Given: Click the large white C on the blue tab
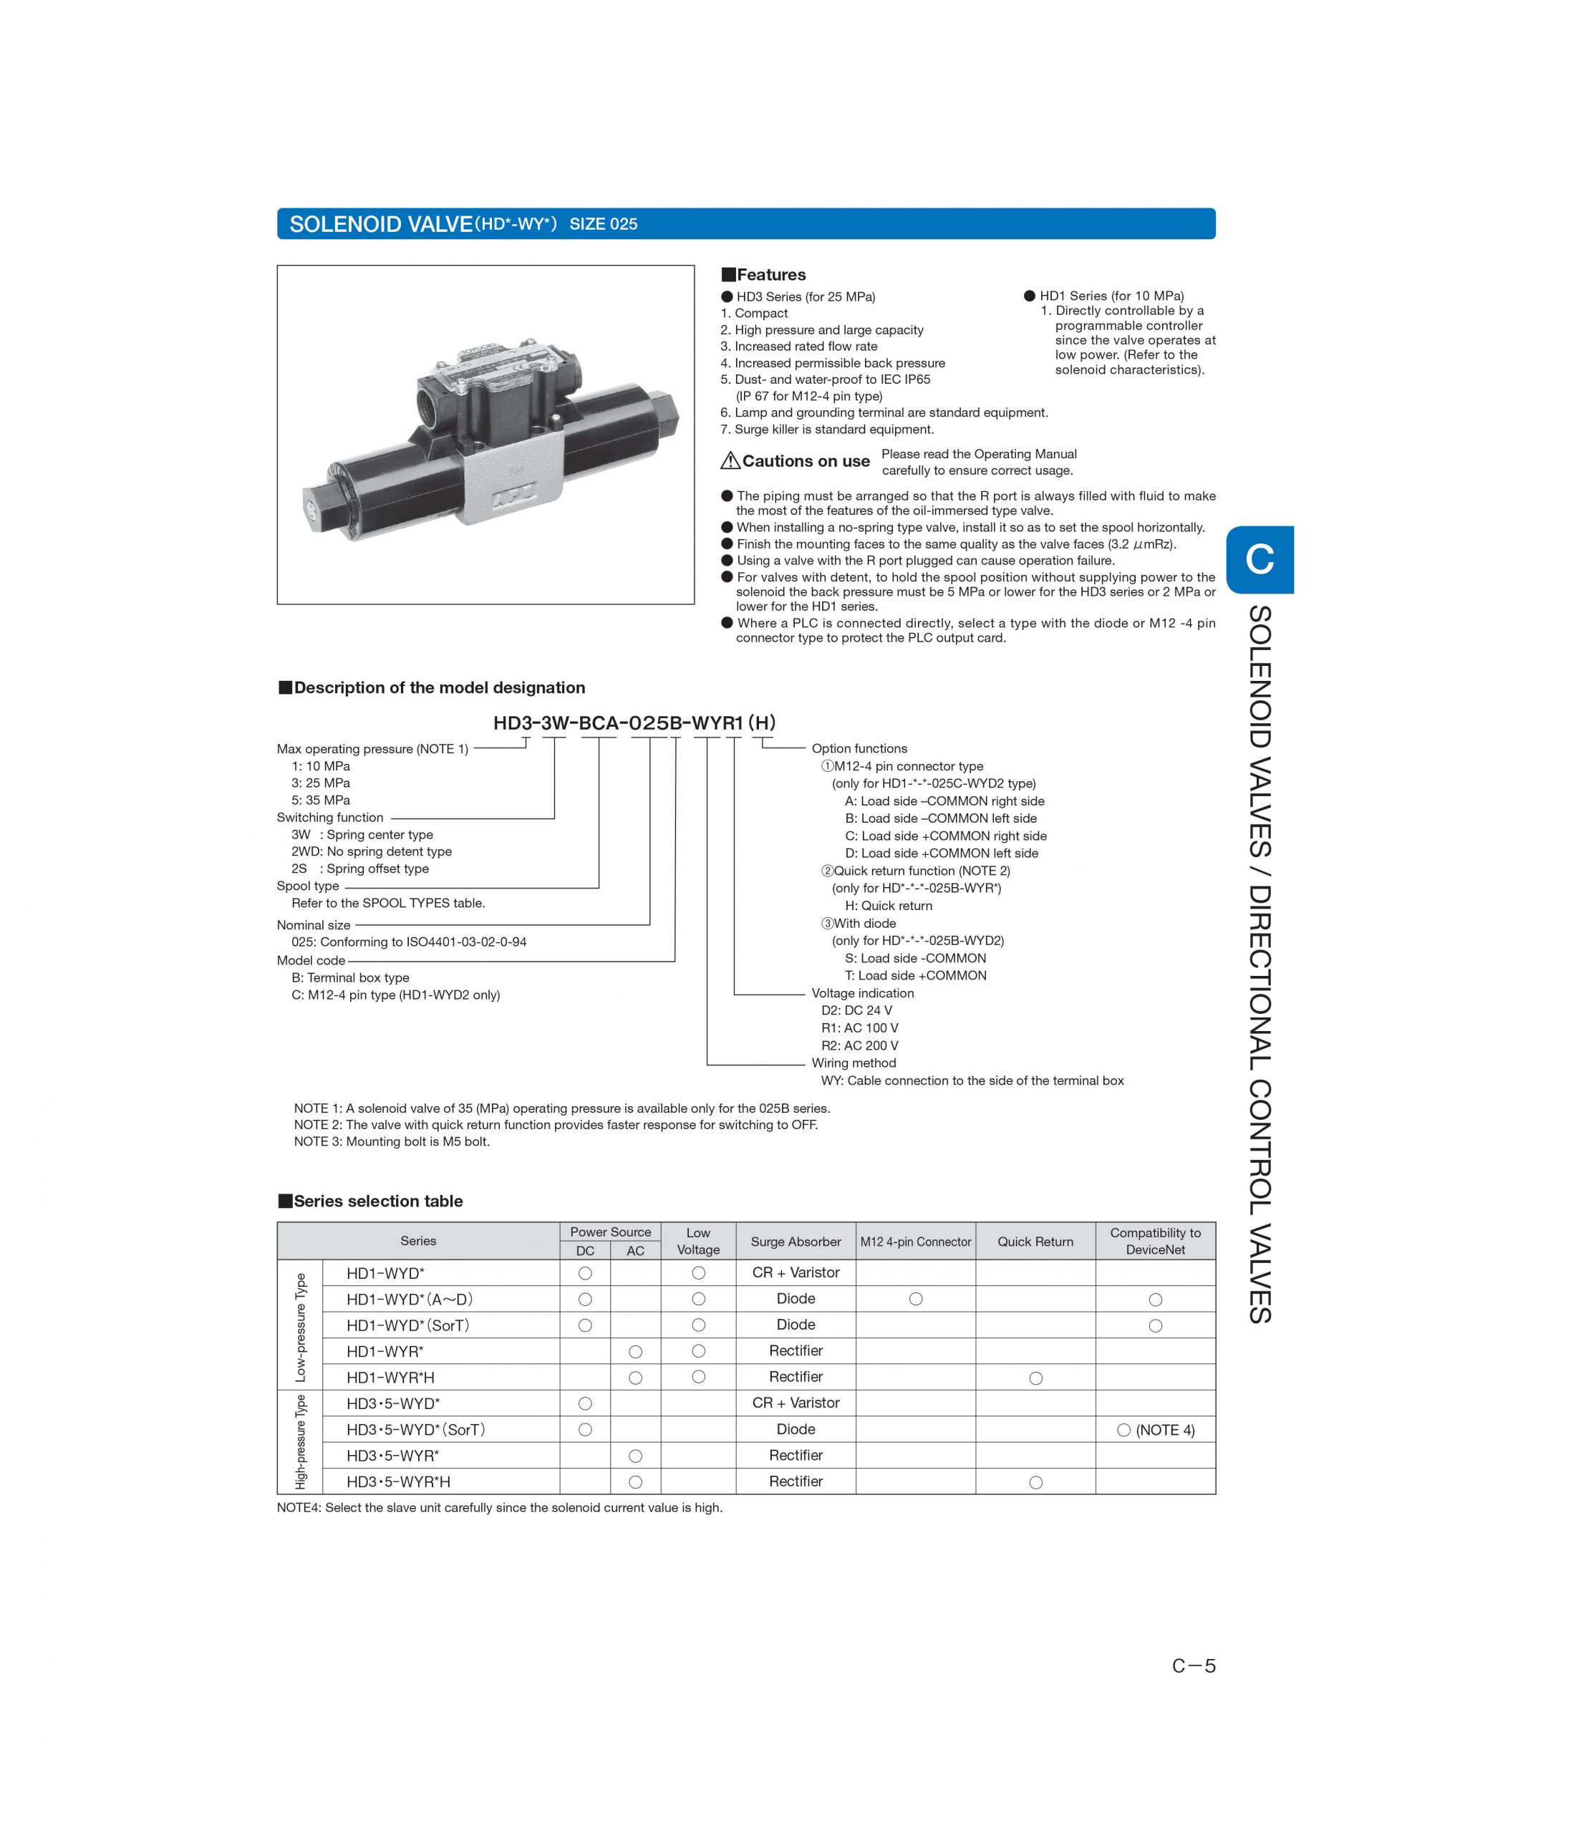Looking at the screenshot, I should [x=1259, y=559].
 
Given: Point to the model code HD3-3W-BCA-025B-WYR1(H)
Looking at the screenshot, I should [x=634, y=722].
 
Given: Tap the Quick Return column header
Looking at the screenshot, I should [x=1035, y=1241].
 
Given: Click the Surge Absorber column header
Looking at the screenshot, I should [x=796, y=1241].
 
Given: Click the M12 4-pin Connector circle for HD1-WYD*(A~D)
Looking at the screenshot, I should [x=916, y=1299].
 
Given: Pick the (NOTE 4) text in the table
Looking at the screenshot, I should [x=1165, y=1430].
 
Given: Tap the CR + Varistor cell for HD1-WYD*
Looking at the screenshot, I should [x=796, y=1272].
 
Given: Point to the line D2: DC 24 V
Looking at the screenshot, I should [x=856, y=1010].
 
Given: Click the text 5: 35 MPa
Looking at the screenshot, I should [x=320, y=800].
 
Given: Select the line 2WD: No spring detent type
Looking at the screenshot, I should [x=372, y=851].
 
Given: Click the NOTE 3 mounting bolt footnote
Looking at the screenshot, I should [x=392, y=1141].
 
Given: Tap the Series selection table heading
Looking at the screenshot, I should [x=377, y=1201].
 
